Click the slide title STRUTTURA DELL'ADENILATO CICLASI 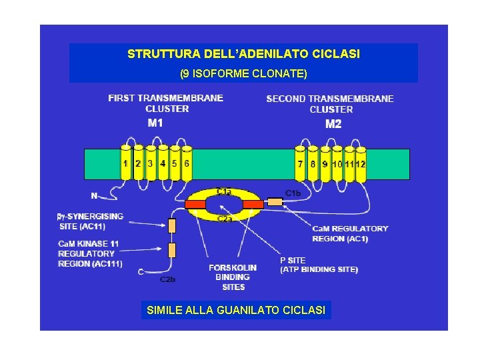point(243,53)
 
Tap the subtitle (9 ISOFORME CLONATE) point(243,72)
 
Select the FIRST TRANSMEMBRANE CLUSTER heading point(166,103)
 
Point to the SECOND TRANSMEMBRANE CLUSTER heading point(330,104)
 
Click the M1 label point(155,123)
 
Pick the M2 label point(333,124)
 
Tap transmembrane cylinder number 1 point(126,163)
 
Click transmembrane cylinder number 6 point(187,163)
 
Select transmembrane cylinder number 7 point(301,163)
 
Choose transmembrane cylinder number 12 point(361,163)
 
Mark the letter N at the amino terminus point(94,195)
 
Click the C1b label point(293,193)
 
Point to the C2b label point(167,279)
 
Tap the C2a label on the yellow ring point(225,218)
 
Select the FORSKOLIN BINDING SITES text point(233,277)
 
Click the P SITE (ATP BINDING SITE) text point(319,265)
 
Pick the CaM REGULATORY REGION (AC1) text point(349,233)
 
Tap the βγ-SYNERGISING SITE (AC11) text point(91,221)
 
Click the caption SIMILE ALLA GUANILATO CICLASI point(237,310)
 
